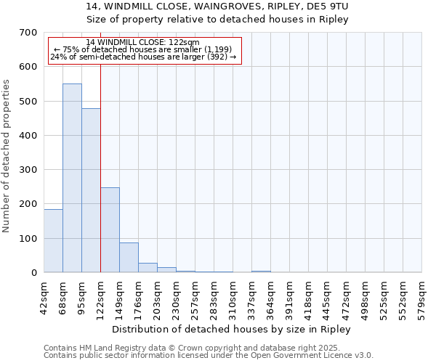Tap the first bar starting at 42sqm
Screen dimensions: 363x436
(x=53, y=240)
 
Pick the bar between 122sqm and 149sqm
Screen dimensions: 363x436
(x=110, y=229)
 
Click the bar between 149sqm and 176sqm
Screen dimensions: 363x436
(x=129, y=257)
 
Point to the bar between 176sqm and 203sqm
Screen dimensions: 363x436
(x=148, y=267)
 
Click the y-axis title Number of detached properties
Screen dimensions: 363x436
(x=7, y=156)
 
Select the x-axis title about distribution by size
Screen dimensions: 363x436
(x=233, y=330)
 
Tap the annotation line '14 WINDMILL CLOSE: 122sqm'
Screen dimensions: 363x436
(x=142, y=43)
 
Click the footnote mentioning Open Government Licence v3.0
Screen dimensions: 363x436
(x=209, y=356)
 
